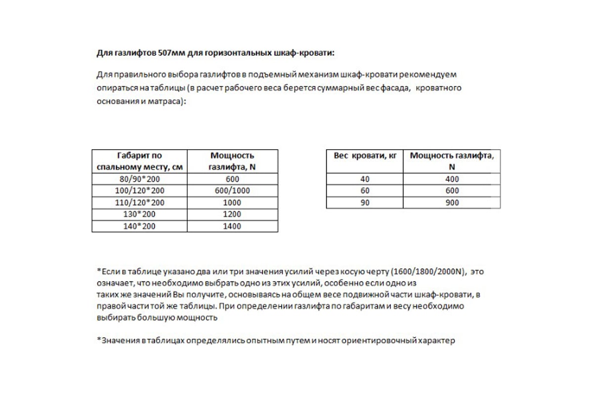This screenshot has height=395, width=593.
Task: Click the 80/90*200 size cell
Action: pos(139,179)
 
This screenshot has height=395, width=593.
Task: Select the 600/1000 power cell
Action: pos(232,191)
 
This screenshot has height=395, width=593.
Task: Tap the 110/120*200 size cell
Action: pos(139,202)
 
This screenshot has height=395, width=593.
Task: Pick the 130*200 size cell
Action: pos(139,214)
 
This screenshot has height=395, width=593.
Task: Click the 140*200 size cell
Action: pos(139,226)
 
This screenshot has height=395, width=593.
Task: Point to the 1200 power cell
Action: pos(232,214)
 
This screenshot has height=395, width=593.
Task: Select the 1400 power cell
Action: pos(232,226)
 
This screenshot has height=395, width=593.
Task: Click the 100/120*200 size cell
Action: pos(139,191)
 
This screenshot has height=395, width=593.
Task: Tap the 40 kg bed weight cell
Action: pos(365,179)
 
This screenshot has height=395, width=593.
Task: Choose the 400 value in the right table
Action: pos(452,179)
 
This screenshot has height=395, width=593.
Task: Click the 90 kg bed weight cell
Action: pos(365,202)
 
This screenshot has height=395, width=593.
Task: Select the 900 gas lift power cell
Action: pos(452,202)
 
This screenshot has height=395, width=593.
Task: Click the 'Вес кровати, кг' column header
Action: pos(365,156)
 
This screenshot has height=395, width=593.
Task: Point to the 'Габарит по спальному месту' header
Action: pos(139,161)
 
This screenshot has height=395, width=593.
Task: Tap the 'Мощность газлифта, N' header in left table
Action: pos(232,161)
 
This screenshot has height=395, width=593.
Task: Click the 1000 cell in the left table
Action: pos(232,202)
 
